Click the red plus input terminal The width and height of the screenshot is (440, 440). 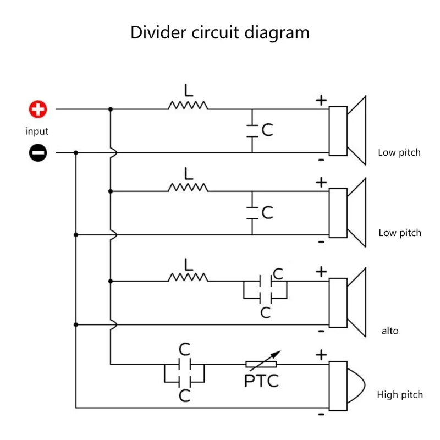pos(38,109)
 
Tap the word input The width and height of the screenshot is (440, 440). pos(37,131)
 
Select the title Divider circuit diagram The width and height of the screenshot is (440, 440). pos(220,32)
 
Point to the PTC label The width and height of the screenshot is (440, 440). pos(261,380)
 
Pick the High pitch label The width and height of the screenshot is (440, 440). pos(400,394)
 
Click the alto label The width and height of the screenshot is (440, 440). pos(390,331)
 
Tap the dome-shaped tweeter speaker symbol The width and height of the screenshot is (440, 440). pos(346,386)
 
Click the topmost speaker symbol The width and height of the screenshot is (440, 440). pos(348,130)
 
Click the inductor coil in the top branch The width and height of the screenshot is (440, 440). pos(188,105)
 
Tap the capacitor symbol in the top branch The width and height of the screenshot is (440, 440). pos(252,130)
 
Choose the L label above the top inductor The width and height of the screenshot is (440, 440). pos(189,90)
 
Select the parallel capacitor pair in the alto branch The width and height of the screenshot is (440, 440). pos(265,289)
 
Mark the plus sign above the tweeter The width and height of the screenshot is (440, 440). pos(321,355)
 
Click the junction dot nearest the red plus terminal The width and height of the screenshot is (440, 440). pos(111,109)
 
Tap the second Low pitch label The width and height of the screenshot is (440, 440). pos(400,233)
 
